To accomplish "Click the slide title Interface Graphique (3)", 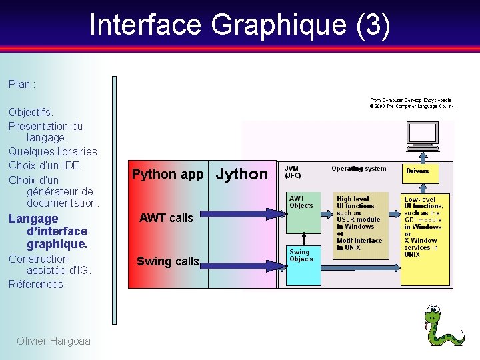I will click(239, 25).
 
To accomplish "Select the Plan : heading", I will click(22, 85).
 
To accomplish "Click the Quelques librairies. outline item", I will click(54, 151).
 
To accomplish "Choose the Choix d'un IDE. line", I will click(45, 165).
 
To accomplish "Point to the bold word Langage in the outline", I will click(33, 219).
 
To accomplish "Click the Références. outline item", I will click(37, 284).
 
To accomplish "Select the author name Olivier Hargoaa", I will click(53, 341).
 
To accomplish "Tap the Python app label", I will click(167, 175).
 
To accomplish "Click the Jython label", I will click(241, 174).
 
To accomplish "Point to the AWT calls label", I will click(166, 218).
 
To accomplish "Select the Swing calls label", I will click(167, 261).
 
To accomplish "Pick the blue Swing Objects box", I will click(301, 265).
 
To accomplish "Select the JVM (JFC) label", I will click(293, 172).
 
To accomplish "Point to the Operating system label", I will click(359, 169).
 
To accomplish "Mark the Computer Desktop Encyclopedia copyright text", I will click(413, 103).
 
